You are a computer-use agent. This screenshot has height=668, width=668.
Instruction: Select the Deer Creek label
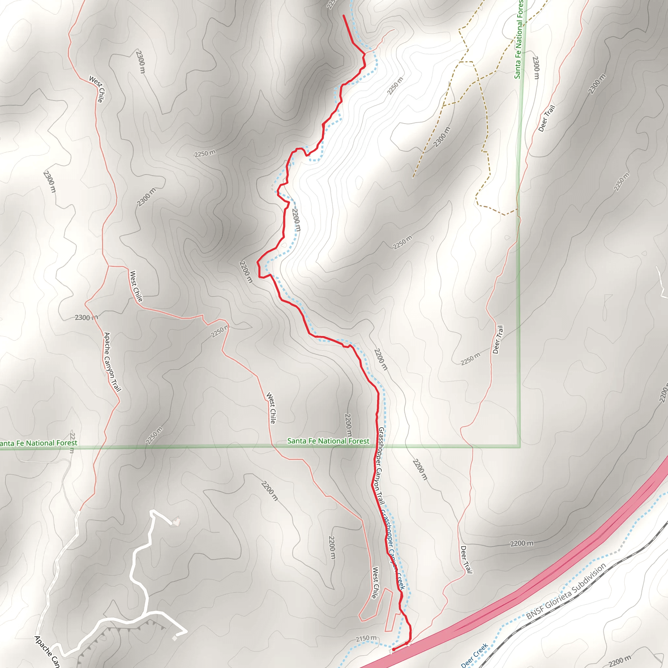tap(474, 655)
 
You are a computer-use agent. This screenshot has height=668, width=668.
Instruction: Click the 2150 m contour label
tap(366, 638)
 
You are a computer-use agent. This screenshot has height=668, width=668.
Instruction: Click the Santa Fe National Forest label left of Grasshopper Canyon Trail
tap(328, 441)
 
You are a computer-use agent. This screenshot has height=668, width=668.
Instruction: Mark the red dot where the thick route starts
tap(393, 649)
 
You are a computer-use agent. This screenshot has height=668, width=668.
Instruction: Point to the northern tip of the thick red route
tap(343, 16)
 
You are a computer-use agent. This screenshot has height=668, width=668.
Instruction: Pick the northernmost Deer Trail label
tap(547, 118)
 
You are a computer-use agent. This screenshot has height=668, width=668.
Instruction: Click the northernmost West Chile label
tap(97, 89)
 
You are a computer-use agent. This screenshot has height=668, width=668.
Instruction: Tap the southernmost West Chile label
tap(375, 582)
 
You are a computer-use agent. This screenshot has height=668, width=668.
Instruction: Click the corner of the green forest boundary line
tap(519, 447)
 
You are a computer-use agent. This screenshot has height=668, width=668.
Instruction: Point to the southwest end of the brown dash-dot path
tap(413, 177)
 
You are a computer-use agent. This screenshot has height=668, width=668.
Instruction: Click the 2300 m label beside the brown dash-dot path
tap(442, 137)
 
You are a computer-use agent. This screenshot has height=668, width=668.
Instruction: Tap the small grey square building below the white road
tap(175, 638)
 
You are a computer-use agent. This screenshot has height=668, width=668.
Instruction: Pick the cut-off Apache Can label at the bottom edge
tap(47, 651)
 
